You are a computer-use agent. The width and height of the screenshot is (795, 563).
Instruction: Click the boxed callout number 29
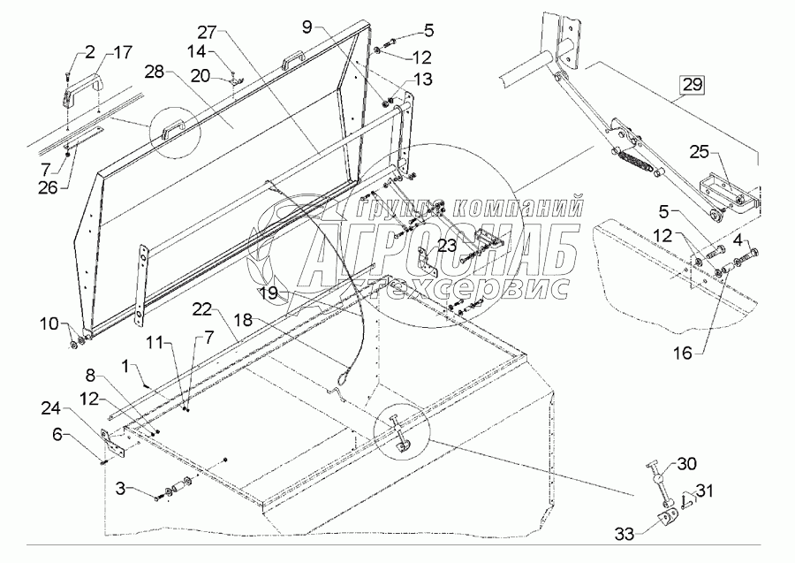[692, 86]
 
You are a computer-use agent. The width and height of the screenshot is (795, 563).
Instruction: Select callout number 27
[206, 32]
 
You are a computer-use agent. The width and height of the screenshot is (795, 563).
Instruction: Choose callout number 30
[687, 463]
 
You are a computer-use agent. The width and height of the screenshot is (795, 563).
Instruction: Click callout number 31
[705, 491]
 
